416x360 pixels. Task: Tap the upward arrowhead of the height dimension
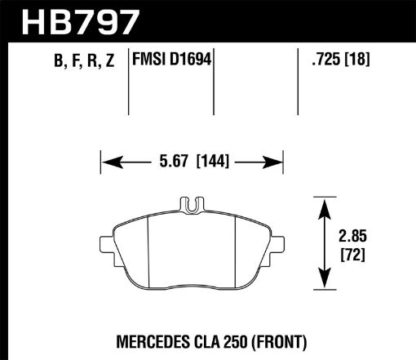click(x=325, y=202)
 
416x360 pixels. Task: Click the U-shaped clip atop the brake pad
click(x=192, y=207)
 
